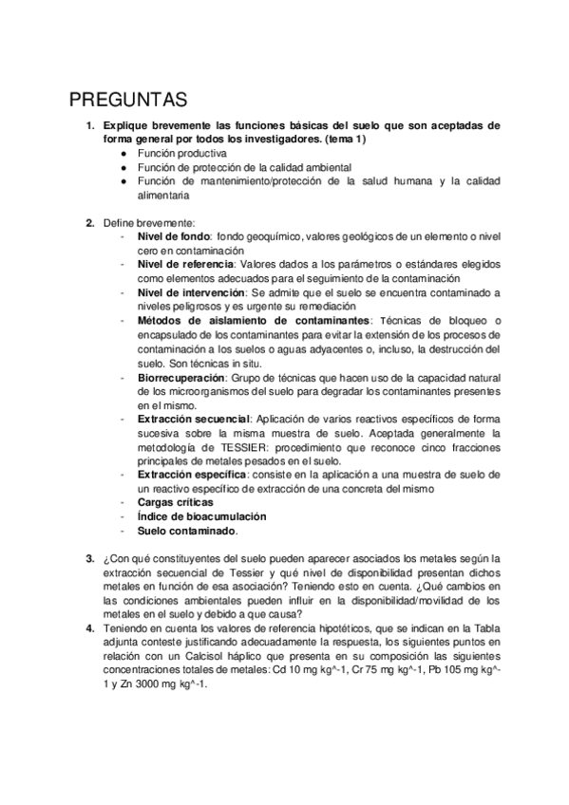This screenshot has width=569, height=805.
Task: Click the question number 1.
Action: point(89,124)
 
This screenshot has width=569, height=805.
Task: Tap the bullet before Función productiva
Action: point(123,152)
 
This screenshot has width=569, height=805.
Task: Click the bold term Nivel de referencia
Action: point(186,264)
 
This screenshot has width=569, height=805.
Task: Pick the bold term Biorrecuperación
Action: point(182,377)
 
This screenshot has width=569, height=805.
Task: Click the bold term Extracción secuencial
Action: point(194,419)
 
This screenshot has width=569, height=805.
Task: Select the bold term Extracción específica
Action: point(193,474)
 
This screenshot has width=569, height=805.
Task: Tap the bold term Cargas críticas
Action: point(175,502)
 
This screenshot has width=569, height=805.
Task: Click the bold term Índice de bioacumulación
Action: point(201,516)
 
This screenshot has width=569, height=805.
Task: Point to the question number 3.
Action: point(89,558)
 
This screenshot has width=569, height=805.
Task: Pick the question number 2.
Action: point(89,222)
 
